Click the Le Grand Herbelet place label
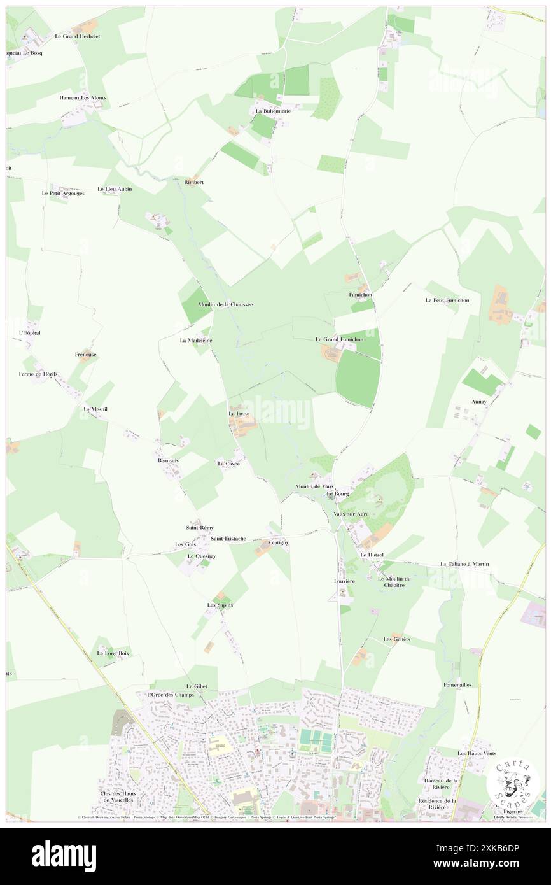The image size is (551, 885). click(x=78, y=36)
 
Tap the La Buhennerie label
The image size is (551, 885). click(x=273, y=111)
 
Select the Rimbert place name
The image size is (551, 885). click(x=194, y=182)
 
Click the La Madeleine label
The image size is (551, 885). click(x=195, y=341)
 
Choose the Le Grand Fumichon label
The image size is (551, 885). click(x=340, y=340)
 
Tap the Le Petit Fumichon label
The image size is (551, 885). click(x=447, y=300)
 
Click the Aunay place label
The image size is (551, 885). click(x=479, y=402)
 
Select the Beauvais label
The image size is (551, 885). click(x=169, y=460)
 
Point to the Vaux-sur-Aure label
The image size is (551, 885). click(x=351, y=513)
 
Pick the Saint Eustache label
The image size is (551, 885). click(x=228, y=539)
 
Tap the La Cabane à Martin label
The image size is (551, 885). click(x=465, y=564)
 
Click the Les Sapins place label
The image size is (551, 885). click(x=220, y=605)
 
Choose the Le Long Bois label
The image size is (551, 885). click(x=113, y=653)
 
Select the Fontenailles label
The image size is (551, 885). click(x=457, y=685)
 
